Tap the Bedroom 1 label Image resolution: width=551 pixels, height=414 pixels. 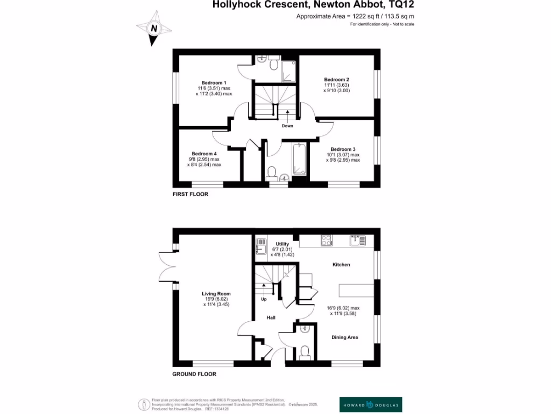pos(214,82)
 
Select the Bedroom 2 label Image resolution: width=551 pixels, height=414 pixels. pos(337,79)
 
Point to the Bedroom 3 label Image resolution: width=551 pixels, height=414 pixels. pos(343,149)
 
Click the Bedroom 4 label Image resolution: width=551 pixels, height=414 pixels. pos(204,154)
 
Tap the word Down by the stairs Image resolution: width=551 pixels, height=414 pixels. pos(287,126)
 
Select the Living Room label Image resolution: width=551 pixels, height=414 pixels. pos(216,294)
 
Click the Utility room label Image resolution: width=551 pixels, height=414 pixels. pos(282,244)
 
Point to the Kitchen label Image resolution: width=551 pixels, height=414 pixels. pos(341,265)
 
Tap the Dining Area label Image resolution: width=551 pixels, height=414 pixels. pos(345,337)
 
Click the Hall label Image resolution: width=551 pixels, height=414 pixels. pos(271,318)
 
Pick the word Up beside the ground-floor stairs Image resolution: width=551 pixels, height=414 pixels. pos(264,299)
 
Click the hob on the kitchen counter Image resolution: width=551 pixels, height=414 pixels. pos(327,240)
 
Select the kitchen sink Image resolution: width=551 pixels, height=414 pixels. pos(357,240)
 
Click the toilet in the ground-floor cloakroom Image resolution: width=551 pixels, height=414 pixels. pos(305,352)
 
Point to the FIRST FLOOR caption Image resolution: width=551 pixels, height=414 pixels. pos(190,194)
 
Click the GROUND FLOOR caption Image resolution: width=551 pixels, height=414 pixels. pos(194,374)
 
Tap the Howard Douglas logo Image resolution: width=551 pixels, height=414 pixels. pos(371,404)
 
